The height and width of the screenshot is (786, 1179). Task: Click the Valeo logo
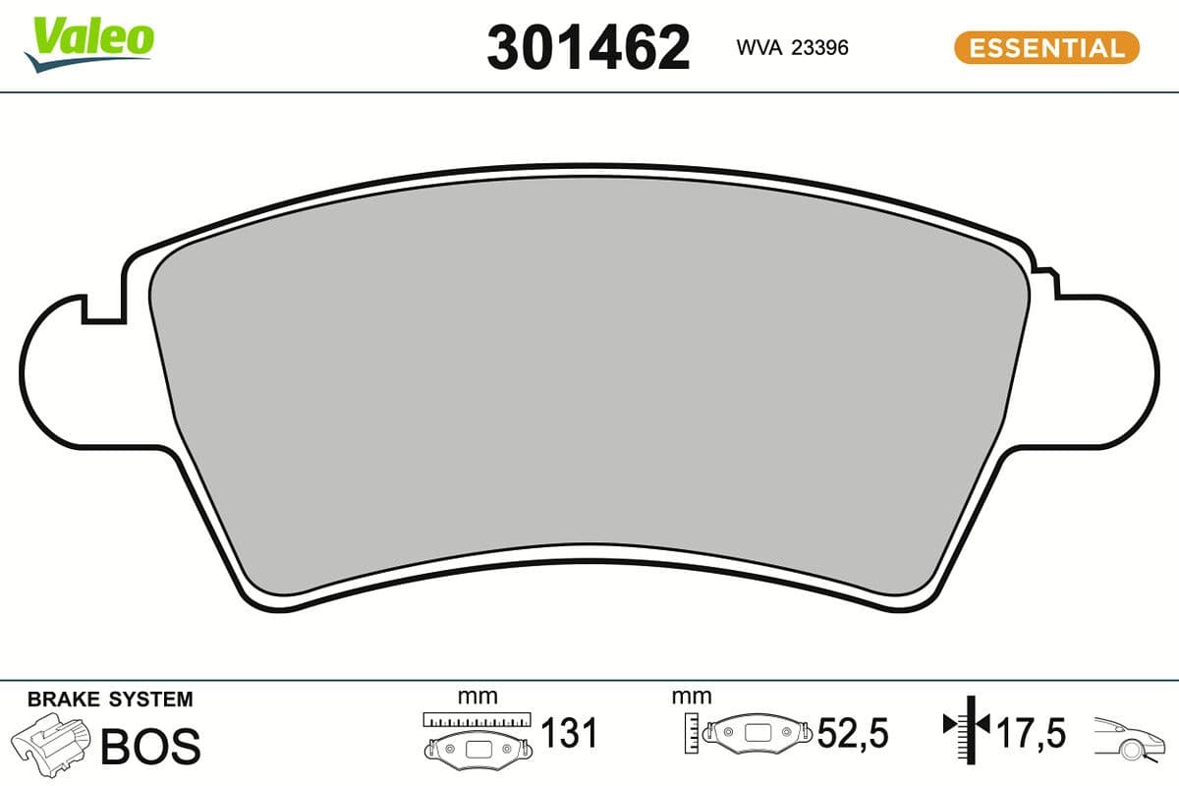pos(89,42)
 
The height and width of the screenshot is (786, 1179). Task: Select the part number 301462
pos(589,47)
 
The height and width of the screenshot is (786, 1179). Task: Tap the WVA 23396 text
pos(792,47)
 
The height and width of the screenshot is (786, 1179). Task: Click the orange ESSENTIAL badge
pos(1046,47)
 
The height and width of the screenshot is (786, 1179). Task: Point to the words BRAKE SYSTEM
pos(110,700)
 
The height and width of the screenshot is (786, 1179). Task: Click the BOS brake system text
pos(150,746)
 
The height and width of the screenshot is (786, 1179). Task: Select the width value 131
pos(570,733)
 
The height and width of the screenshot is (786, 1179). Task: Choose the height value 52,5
pos(853,733)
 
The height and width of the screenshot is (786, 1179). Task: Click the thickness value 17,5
pos(1032,733)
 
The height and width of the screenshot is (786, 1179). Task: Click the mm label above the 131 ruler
pos(477,697)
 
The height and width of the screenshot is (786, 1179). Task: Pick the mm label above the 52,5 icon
pos(691,697)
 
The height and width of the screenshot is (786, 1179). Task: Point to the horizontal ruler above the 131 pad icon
pos(477,719)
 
